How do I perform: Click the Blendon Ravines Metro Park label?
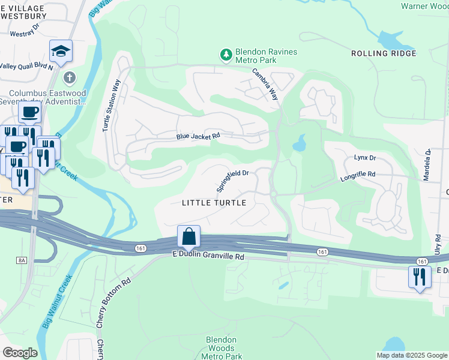coord(267,56)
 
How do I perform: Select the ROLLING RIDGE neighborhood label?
coord(384,53)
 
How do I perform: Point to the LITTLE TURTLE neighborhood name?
coord(214,203)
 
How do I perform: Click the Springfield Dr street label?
coord(232,179)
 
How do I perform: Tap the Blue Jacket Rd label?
coord(198,136)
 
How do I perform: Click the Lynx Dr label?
coord(364,158)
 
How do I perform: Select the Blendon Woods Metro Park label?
coord(221,348)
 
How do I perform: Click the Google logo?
coord(20,353)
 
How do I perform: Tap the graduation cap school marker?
coord(61,52)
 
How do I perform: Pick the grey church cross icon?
coord(70,77)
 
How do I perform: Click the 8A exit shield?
coord(22,260)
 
